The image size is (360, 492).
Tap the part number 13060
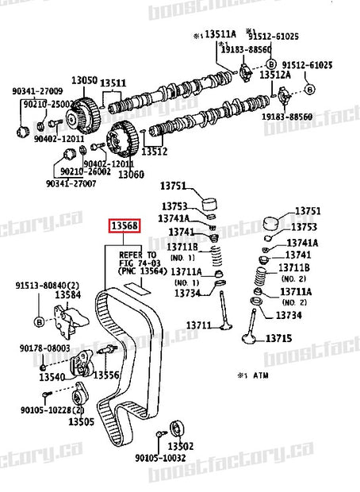pos(130,174)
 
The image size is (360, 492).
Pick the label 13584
pos(68,295)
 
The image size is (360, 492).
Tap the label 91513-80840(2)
pos(46,285)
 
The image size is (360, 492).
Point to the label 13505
pos(81,422)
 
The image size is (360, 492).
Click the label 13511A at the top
pos(220,36)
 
